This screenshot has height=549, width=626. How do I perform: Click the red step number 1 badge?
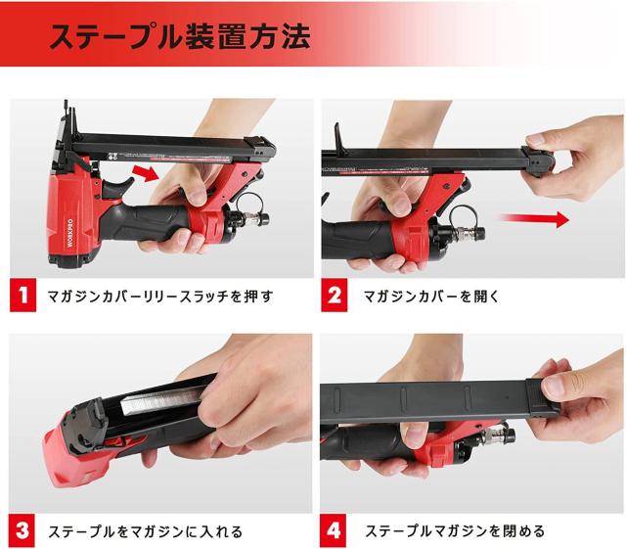[22, 295]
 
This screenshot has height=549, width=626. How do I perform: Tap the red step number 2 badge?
[335, 295]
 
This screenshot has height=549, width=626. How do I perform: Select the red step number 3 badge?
[22, 531]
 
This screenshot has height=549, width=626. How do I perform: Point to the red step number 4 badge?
[333, 531]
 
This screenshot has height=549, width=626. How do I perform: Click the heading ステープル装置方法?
[179, 37]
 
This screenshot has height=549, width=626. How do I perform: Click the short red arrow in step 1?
[146, 172]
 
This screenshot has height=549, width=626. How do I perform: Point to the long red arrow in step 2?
[535, 219]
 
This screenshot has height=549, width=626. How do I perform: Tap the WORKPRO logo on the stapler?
[70, 233]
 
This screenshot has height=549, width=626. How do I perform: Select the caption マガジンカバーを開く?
[431, 297]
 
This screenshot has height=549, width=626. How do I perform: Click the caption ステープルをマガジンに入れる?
[146, 531]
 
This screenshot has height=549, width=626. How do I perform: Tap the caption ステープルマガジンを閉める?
[455, 531]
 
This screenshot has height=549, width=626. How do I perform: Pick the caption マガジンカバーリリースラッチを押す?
[160, 297]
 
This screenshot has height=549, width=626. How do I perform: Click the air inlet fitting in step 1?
[255, 219]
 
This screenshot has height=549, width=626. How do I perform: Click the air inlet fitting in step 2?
[471, 232]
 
